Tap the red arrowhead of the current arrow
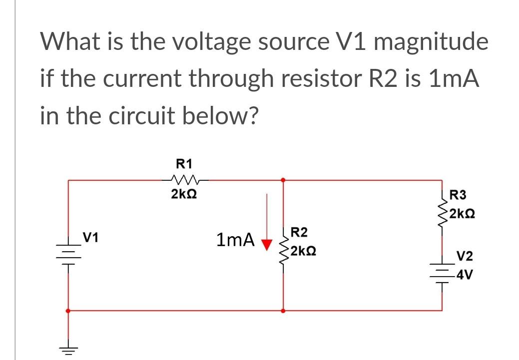point(268,244)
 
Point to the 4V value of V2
point(463,275)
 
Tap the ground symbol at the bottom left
point(68,349)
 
